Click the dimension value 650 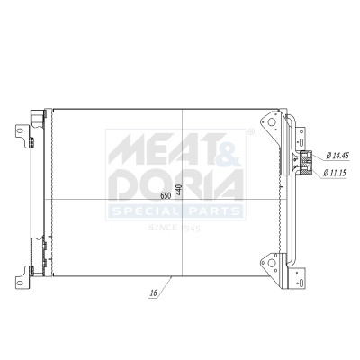pos(166,193)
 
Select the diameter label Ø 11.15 pos(337,173)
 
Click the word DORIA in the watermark pos(175,184)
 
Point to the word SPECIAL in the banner pos(148,211)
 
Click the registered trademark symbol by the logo pos(250,132)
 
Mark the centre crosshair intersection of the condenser pos(183,199)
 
